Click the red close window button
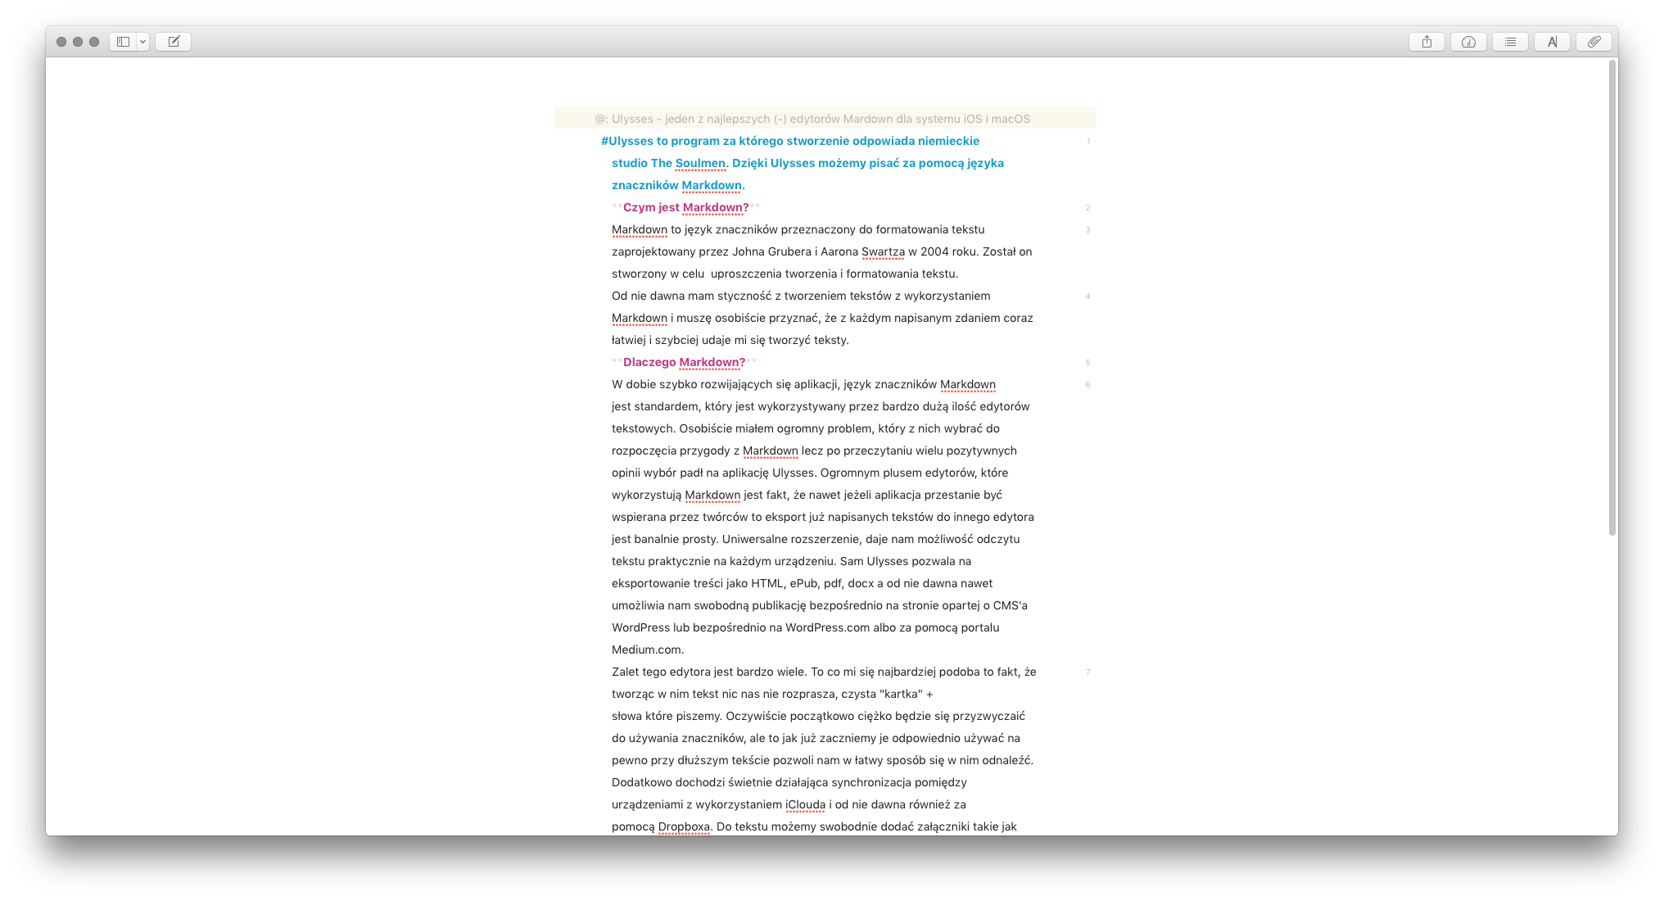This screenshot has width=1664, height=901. (61, 42)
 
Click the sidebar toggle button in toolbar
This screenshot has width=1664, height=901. (123, 42)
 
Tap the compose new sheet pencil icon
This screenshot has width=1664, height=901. (174, 42)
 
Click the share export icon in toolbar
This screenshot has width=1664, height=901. (1427, 42)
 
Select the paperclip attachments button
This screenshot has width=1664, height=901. (1594, 42)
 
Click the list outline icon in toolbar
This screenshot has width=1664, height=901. (1510, 42)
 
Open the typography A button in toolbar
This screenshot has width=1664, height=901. (1552, 42)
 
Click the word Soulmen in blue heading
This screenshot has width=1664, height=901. (700, 163)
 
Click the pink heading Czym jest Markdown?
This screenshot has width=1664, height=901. (685, 207)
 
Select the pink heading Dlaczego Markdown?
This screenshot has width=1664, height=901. (684, 362)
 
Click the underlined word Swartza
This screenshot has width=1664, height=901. (883, 251)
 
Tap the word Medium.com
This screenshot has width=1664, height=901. (647, 650)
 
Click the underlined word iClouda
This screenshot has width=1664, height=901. (805, 804)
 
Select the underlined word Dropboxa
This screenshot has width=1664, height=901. (684, 826)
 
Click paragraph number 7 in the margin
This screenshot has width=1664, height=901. (1087, 672)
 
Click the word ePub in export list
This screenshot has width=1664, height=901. (803, 583)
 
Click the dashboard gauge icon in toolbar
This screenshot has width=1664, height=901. (1468, 42)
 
